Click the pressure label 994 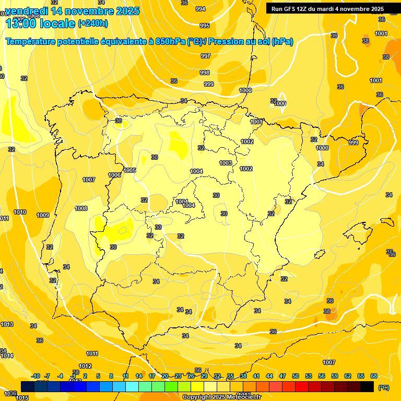tap(200, 9)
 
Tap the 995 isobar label tap(205, 26)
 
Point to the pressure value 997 tap(205, 56)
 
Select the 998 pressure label tap(205, 73)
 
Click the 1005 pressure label tap(130, 170)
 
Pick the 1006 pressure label tap(115, 175)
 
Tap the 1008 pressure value tap(81, 208)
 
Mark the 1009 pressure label tap(43, 215)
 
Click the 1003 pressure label tap(226, 163)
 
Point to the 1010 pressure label tap(20, 212)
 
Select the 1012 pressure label tap(86, 366)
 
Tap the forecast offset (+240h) tap(93, 23)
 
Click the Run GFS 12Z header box tap(327, 9)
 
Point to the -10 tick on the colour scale tap(36, 376)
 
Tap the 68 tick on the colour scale tap(374, 376)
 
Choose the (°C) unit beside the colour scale tap(384, 387)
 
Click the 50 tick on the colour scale tap(296, 376)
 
